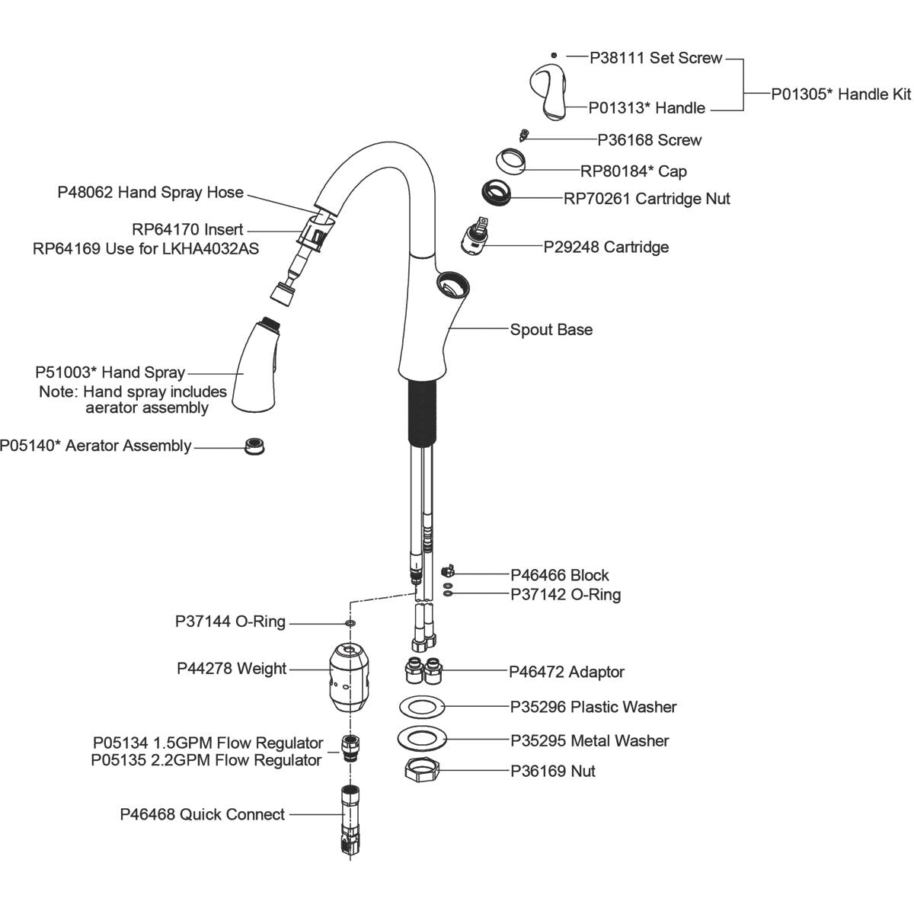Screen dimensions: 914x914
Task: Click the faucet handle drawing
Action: (550, 92)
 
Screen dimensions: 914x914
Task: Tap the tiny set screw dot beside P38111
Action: (554, 56)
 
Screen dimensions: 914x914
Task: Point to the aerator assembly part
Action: (254, 446)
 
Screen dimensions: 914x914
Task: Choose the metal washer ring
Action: (423, 739)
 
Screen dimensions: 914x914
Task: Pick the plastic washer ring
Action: (422, 707)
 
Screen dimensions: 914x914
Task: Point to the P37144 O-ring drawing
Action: (350, 624)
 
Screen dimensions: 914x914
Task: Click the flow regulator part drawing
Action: (350, 749)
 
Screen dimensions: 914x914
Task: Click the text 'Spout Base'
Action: (551, 330)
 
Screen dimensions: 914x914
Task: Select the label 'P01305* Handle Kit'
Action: (841, 94)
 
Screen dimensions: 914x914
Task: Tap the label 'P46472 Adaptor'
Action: (567, 672)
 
